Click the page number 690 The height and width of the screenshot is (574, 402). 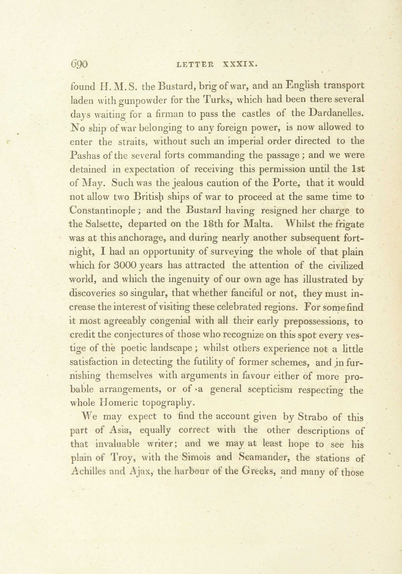coord(79,65)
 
